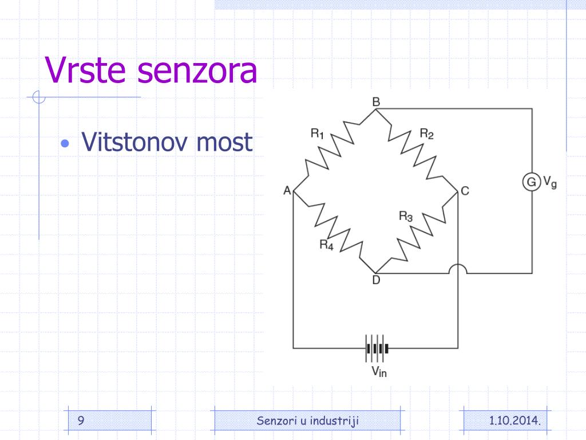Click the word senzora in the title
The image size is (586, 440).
click(x=197, y=71)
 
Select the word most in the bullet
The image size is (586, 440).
click(x=224, y=143)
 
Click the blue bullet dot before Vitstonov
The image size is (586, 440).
click(x=65, y=143)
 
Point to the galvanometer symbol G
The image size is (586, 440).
click(x=532, y=182)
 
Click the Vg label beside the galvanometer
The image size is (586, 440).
click(x=550, y=182)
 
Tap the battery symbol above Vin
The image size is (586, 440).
click(x=377, y=348)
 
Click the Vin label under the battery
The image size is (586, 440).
click(x=379, y=371)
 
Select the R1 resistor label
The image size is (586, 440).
click(x=317, y=133)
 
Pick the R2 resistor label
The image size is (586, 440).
click(x=426, y=133)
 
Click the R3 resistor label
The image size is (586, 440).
click(x=406, y=216)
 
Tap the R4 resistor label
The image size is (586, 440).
click(x=326, y=245)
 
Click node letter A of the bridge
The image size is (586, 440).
click(x=287, y=190)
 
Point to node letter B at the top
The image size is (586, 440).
click(x=376, y=102)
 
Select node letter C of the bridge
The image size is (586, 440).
click(x=465, y=191)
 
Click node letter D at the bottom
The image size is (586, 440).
click(x=376, y=280)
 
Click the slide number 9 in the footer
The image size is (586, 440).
click(x=81, y=421)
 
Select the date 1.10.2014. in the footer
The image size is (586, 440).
click(x=515, y=421)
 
